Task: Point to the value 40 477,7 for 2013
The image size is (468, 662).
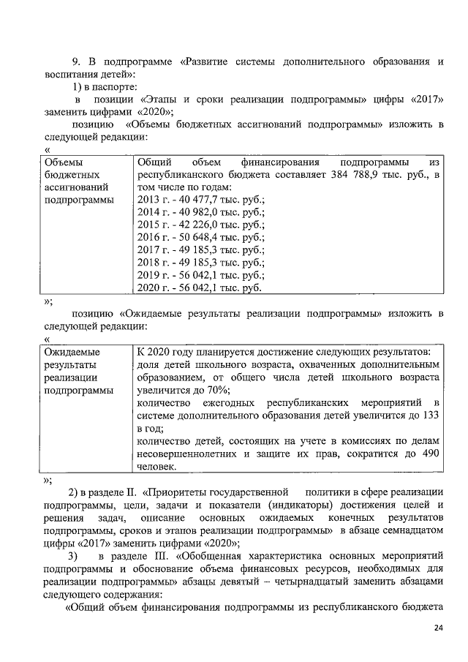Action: (189, 200)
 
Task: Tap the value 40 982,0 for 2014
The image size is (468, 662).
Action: (189, 213)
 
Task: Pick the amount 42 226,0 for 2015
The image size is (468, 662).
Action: (189, 225)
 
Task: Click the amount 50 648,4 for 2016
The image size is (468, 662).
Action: (189, 238)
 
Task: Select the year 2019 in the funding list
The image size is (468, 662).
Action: (149, 276)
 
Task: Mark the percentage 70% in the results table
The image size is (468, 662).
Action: (213, 390)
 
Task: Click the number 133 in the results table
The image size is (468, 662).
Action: (431, 415)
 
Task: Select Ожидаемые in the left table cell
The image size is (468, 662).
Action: (72, 352)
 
